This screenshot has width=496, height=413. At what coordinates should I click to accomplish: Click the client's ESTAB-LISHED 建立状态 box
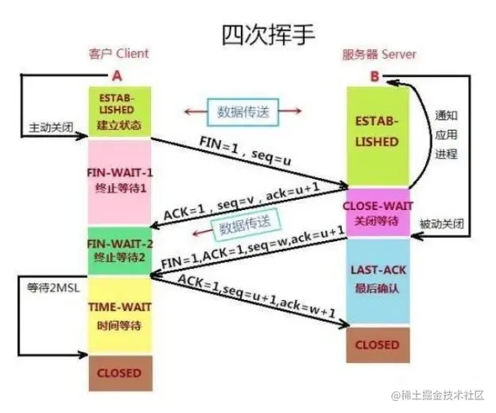point(120,111)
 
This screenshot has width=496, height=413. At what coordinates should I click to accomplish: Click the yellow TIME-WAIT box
point(119,311)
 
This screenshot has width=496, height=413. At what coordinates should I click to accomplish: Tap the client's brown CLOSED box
point(119,372)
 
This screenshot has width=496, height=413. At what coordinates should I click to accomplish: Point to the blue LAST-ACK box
point(377,278)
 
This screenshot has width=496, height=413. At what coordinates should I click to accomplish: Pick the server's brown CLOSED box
point(377,345)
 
